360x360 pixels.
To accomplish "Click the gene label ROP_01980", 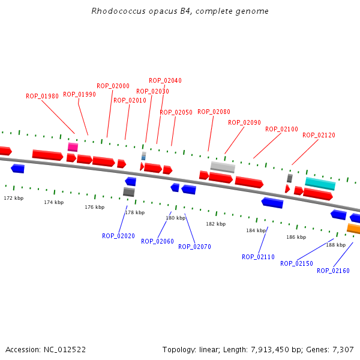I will pos(42,96).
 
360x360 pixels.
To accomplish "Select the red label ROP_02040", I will pos(165,80).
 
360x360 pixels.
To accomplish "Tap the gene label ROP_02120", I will pos(319,135).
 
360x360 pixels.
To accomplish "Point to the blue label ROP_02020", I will pos(118,236).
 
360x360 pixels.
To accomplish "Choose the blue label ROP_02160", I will pos(333,271).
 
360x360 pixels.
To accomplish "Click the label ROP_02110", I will pos(258,257).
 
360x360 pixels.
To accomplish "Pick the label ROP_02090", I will pos(244,122).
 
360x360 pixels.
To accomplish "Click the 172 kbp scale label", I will pos(13,198).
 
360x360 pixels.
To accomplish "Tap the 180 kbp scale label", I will pos(176,218).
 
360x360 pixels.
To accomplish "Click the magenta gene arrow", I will pos(73,147).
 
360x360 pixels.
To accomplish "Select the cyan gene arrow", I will pos(320,184).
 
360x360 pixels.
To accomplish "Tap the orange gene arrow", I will pos(353,229).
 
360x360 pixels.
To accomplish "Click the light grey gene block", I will pos(223,167).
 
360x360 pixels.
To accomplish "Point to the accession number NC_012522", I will pos(65,349).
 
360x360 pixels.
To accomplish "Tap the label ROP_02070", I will pos(194,246).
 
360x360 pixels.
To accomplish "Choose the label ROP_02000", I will pos(113,86).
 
